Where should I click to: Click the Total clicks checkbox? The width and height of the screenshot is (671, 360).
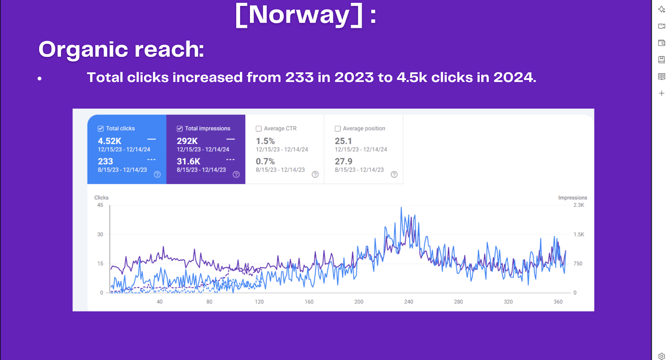pos(101,129)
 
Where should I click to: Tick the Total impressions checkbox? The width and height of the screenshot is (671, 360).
pos(179,129)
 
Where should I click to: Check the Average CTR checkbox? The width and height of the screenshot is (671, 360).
pos(259,129)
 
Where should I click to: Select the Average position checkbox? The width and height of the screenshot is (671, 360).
pos(338,129)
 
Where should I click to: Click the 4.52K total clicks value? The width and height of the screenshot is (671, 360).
pos(109,141)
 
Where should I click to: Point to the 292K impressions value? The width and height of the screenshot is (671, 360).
pos(187,141)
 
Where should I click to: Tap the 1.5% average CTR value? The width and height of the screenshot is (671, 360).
pos(265,141)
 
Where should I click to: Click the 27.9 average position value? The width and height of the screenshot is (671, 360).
pos(343,161)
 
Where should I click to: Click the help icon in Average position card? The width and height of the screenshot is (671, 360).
pos(394,174)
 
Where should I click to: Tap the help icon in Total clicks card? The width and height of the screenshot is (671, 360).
pos(157,174)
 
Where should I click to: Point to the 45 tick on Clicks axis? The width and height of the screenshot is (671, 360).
pos(100,205)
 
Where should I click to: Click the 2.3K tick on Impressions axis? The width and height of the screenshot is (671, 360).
pos(579,205)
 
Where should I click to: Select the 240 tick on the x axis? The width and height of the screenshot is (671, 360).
pos(408,302)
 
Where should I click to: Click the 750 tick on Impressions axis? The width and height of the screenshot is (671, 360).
pos(578,264)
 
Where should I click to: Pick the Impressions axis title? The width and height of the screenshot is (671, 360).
pos(572,198)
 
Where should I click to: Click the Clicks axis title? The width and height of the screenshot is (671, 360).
pos(101,198)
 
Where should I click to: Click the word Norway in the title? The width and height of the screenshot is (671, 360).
pos(299,15)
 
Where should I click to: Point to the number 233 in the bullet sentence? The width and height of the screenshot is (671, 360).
pos(299,78)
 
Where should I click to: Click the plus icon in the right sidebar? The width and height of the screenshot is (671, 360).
pos(661,93)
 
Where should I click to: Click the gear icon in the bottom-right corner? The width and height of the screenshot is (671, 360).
pos(661,356)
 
